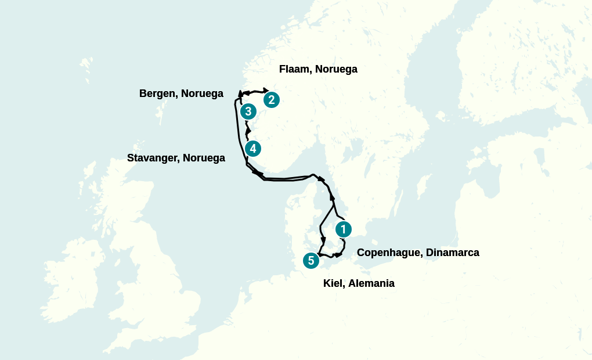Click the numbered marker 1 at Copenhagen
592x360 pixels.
(x=343, y=229)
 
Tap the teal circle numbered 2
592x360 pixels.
(x=271, y=100)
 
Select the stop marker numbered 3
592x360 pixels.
(x=248, y=111)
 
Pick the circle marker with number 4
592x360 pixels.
(x=252, y=149)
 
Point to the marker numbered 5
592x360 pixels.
(x=311, y=261)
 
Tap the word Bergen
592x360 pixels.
(x=157, y=93)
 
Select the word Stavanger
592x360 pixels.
(x=152, y=158)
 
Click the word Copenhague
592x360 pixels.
(x=389, y=253)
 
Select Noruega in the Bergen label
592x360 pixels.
(x=203, y=93)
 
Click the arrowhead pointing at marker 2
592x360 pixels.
(x=266, y=91)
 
